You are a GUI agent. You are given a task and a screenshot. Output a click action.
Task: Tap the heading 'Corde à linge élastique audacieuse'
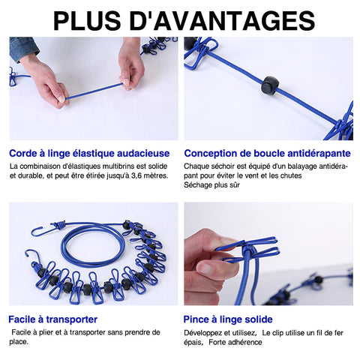[89, 153]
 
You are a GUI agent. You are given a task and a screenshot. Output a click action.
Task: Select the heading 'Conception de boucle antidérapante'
[267, 153]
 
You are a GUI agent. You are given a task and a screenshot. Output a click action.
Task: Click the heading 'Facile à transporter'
[52, 319]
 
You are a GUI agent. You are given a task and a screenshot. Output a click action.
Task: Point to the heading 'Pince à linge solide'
[228, 319]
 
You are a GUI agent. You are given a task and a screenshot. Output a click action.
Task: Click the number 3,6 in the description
[136, 175]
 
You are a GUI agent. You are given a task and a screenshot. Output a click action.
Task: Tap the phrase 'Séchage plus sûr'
[211, 185]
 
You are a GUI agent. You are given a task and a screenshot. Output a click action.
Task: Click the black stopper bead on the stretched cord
[270, 85]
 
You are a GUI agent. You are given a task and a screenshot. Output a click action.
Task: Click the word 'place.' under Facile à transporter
[19, 342]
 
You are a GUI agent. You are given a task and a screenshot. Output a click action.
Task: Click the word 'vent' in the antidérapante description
[251, 175]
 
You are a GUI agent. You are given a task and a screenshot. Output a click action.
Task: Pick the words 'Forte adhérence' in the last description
[235, 342]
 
